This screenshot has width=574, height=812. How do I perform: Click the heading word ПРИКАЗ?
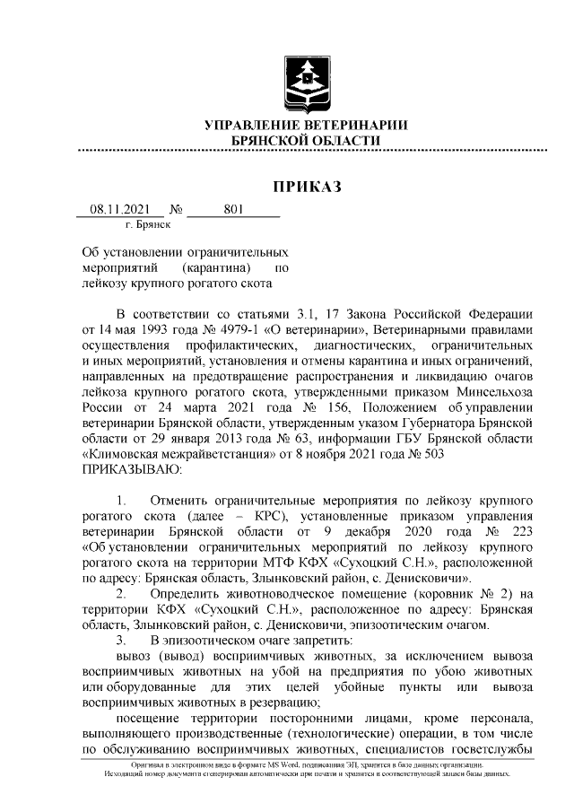pos(307,187)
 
